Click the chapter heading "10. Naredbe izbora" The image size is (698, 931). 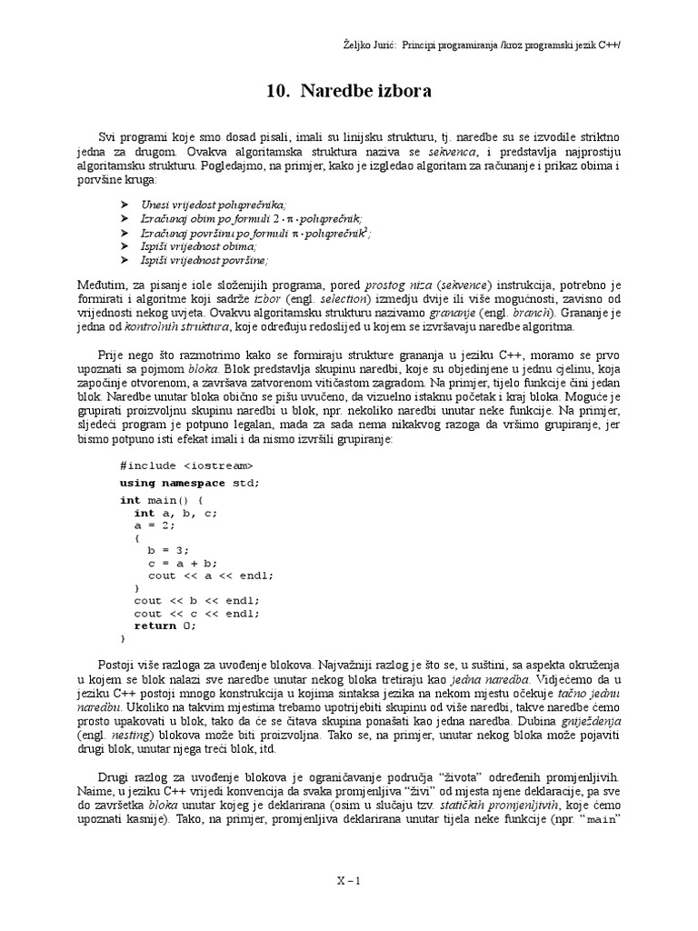pyautogui.click(x=349, y=92)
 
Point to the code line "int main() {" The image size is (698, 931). pyautogui.click(x=162, y=500)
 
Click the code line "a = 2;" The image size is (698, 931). pyautogui.click(x=153, y=526)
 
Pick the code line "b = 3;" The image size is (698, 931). pyautogui.click(x=168, y=550)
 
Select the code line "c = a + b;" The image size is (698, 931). pyautogui.click(x=183, y=563)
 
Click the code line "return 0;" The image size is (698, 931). pyautogui.click(x=165, y=626)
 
